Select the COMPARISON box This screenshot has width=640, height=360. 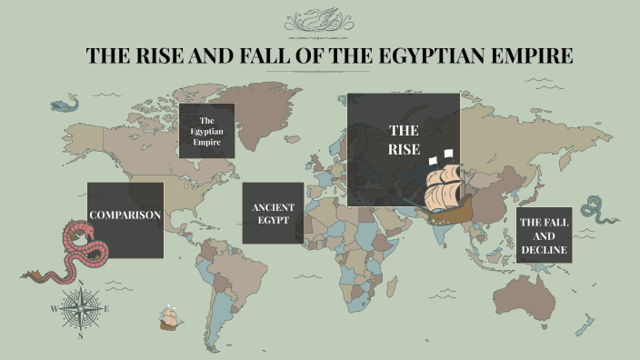click(125, 215)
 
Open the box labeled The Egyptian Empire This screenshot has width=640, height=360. click(206, 131)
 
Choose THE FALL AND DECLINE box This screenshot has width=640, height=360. click(545, 235)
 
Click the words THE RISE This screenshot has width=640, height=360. click(404, 140)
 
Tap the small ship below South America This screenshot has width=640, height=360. click(170, 317)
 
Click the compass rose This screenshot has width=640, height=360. click(81, 309)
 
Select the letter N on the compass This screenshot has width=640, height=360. click(82, 283)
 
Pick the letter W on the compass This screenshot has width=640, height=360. click(54, 309)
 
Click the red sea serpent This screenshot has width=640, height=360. click(73, 251)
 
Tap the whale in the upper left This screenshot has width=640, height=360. click(64, 105)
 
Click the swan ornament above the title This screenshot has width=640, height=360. click(320, 20)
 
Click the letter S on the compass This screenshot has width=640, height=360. click(81, 335)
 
